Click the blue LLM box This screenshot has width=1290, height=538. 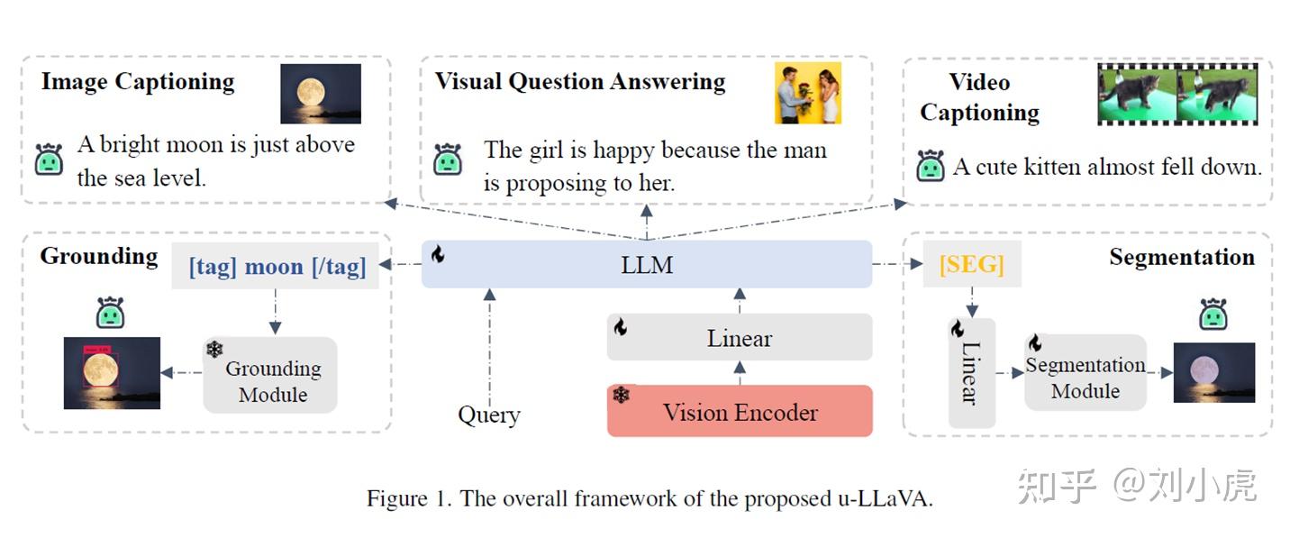tap(647, 265)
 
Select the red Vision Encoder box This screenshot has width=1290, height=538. tap(740, 412)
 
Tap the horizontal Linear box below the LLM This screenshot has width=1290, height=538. tap(740, 338)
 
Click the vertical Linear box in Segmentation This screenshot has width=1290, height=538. tap(971, 373)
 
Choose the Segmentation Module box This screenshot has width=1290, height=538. tap(1086, 378)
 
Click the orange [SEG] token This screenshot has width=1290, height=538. tap(971, 265)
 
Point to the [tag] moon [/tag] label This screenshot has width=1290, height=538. tap(277, 267)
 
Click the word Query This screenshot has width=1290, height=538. tap(488, 415)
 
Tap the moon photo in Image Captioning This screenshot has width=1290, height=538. tap(320, 93)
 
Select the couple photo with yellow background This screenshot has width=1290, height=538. tap(807, 93)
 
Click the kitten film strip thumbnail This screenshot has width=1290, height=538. tap(1176, 93)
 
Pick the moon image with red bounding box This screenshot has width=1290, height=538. tap(112, 372)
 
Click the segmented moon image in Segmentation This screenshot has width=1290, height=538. tap(1213, 372)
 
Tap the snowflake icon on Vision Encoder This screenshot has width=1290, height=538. tap(622, 395)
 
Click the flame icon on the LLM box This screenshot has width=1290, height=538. tap(438, 254)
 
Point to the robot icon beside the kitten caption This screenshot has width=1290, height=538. tap(931, 166)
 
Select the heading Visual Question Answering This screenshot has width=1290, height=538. tap(579, 81)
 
